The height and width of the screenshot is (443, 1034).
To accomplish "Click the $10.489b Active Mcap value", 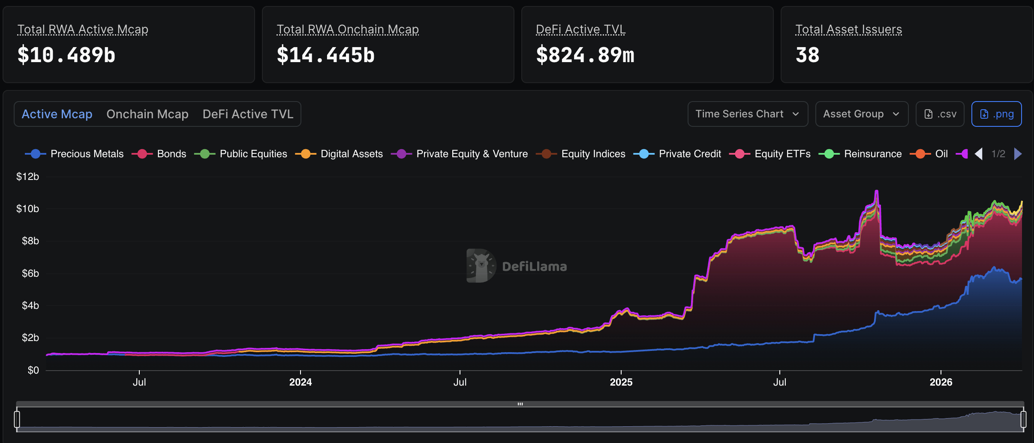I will click(x=66, y=55).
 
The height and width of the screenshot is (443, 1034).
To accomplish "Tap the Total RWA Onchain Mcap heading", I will click(x=347, y=29).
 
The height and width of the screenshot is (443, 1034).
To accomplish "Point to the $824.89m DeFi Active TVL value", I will click(x=585, y=55).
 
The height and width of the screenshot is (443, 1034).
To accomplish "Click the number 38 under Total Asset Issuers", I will click(x=807, y=55).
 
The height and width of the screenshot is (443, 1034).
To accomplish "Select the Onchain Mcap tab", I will click(x=147, y=114).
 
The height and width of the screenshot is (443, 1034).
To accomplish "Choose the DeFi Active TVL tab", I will click(x=248, y=114).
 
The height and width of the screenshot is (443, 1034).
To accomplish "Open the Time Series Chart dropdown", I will click(x=747, y=114).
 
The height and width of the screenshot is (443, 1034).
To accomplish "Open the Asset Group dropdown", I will click(x=861, y=114).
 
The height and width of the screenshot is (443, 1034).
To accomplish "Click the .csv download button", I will click(x=940, y=114).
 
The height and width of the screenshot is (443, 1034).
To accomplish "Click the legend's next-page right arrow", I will click(x=1018, y=154).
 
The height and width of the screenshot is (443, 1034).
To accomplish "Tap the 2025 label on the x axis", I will click(x=621, y=382).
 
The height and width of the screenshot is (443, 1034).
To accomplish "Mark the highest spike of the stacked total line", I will click(x=877, y=191).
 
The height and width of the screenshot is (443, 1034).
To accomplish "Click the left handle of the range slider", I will click(x=17, y=419).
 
